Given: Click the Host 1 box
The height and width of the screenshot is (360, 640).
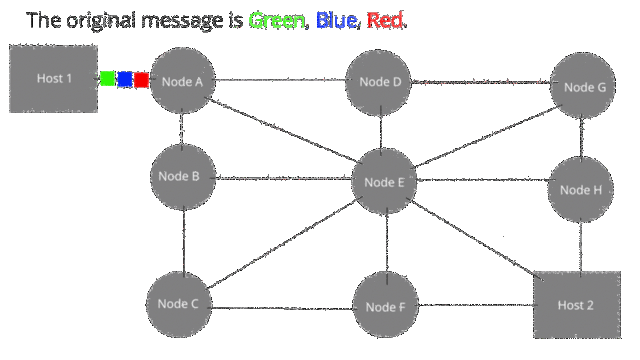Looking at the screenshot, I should click(54, 79).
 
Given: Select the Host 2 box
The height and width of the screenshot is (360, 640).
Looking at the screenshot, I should click(576, 304).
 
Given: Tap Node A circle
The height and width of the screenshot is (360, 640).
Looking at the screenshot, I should click(182, 81).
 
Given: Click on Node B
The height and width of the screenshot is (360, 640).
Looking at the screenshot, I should click(181, 177).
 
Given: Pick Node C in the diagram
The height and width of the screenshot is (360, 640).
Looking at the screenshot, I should click(179, 304).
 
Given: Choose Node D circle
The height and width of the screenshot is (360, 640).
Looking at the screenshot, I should click(379, 82).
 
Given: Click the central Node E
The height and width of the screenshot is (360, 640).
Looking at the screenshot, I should click(384, 182).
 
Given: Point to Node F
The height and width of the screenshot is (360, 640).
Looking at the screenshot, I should click(385, 306).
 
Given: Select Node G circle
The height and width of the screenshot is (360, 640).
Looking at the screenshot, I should click(584, 87).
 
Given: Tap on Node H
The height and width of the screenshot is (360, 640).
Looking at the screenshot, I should click(580, 190).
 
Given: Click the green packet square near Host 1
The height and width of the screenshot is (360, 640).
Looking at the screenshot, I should click(107, 79).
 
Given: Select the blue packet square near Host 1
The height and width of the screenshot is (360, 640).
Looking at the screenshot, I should click(124, 79).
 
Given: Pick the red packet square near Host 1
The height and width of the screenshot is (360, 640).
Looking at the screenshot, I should click(141, 80).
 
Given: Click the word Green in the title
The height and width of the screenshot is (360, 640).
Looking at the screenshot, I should click(277, 20).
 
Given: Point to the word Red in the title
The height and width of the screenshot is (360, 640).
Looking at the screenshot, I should click(386, 20).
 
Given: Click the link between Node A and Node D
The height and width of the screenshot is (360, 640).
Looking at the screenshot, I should click(280, 80).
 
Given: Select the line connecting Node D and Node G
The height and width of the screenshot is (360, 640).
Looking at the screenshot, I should click(482, 83).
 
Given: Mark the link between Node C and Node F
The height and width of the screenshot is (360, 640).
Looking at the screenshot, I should click(282, 306).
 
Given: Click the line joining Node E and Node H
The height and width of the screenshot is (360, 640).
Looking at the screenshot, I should click(482, 181).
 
